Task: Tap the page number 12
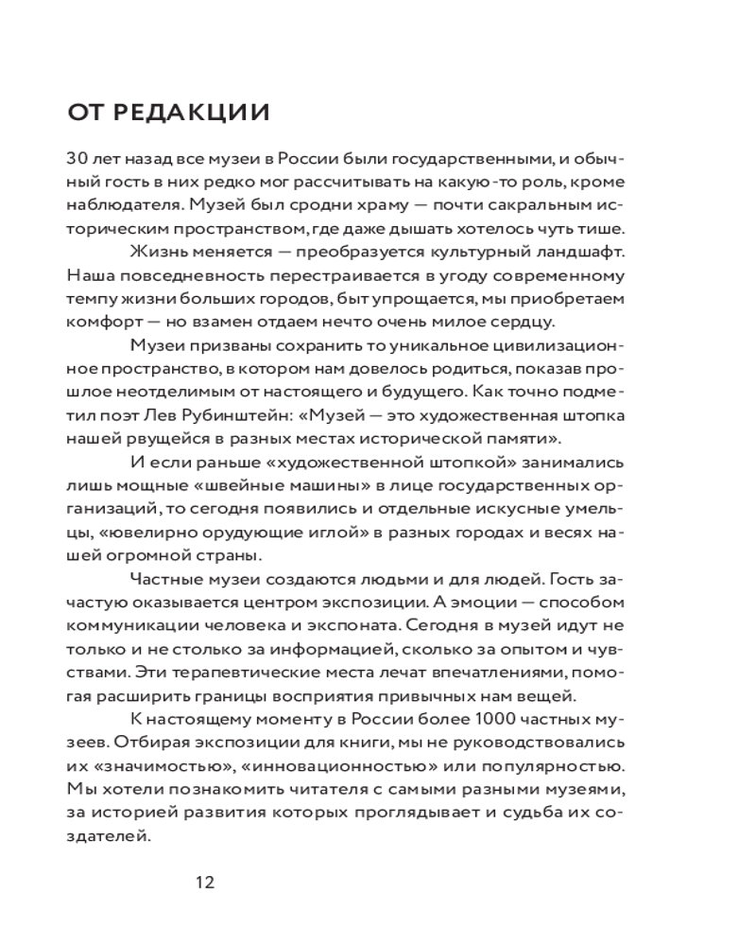(205, 883)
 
